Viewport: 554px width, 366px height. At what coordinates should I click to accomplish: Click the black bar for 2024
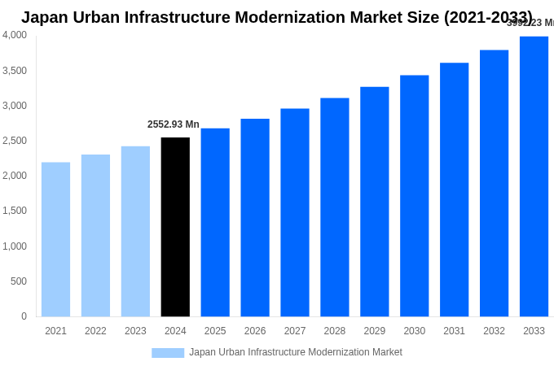coord(175,227)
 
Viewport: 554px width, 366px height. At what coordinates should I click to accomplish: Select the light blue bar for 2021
coord(55,239)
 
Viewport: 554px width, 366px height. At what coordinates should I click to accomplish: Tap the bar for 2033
coord(534,176)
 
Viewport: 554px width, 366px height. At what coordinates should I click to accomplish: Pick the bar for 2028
coord(334,207)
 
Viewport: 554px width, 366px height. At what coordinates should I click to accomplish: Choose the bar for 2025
coord(215,222)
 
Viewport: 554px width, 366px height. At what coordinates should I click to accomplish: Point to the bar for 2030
coord(414,196)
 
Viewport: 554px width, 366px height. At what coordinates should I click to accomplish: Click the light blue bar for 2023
coord(135,231)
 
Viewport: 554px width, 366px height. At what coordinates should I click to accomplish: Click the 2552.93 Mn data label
coord(173,124)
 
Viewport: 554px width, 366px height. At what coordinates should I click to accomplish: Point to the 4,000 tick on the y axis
coord(15,35)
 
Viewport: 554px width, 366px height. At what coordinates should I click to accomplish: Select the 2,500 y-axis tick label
coord(15,141)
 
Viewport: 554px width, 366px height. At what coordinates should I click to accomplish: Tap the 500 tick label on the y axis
coord(18,281)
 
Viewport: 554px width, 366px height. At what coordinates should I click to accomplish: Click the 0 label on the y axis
coord(24,316)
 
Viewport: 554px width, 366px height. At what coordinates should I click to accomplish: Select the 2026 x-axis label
coord(255,331)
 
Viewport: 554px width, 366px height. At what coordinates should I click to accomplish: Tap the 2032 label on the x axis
coord(494,331)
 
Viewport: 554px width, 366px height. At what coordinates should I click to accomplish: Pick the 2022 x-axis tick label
coord(95,331)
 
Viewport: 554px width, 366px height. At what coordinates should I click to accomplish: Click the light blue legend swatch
coord(168,352)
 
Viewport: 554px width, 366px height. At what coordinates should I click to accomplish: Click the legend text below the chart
coord(296,352)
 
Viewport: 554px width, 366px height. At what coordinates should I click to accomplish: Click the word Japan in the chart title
coord(46,17)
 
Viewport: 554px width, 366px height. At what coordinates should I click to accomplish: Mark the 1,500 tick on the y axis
coord(15,211)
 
